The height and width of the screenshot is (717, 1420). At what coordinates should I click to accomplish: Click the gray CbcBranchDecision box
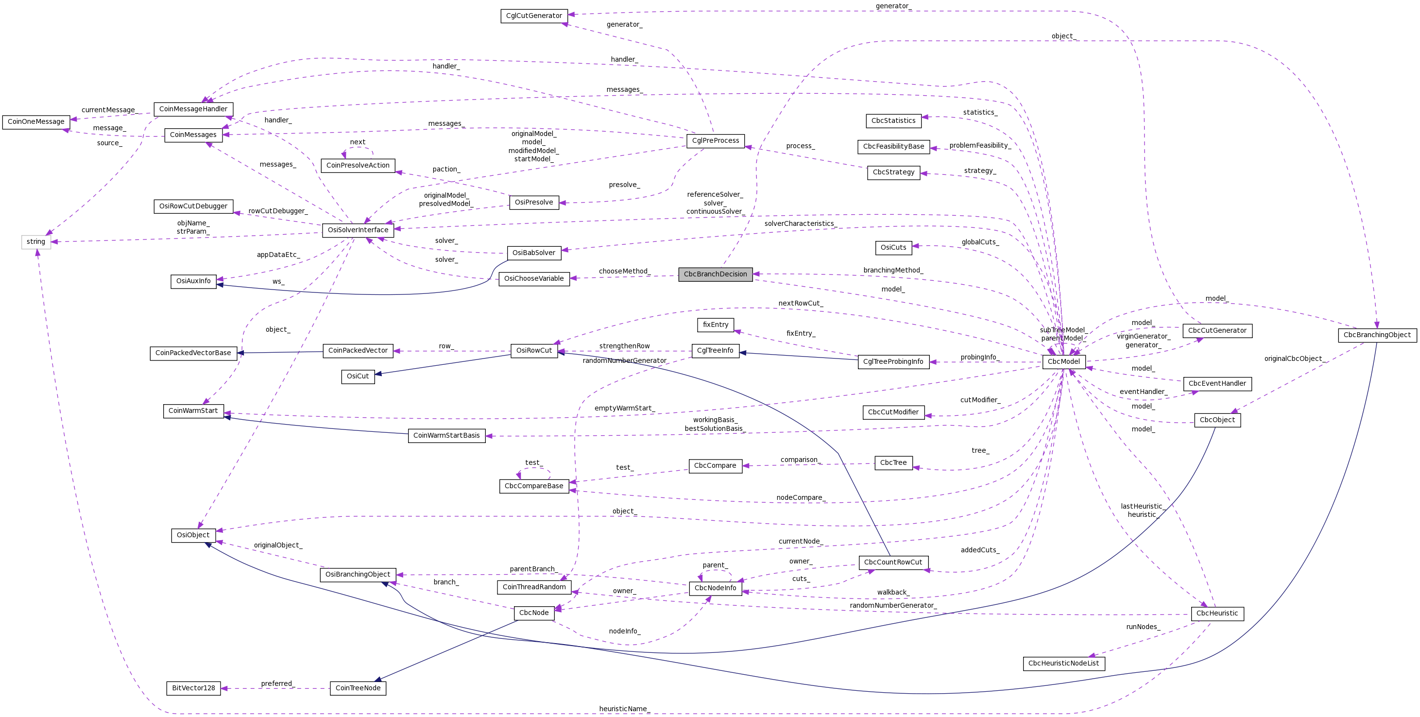point(715,274)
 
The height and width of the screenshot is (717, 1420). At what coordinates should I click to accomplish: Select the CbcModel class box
point(1063,361)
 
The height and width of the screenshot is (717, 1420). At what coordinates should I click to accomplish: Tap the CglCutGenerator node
point(533,16)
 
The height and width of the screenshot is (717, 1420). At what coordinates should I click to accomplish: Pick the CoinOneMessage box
point(36,122)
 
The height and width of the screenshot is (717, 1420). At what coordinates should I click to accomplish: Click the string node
point(36,242)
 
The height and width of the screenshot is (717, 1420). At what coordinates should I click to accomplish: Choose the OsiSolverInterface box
point(358,230)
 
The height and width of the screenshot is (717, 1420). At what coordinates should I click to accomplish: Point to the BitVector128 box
point(193,688)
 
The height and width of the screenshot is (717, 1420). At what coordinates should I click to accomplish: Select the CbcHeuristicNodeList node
point(1063,664)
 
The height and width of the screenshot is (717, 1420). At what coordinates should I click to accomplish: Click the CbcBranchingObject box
point(1376,335)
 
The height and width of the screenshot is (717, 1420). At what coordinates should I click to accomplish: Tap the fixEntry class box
point(716,325)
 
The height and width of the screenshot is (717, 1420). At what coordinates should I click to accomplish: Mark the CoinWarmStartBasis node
point(446,435)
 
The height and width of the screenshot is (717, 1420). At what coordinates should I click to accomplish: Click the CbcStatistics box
point(893,120)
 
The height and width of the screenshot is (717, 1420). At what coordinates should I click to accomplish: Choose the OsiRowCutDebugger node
point(193,206)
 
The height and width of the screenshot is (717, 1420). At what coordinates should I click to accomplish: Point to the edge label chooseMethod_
point(624,271)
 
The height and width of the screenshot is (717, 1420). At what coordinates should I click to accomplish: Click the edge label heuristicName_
point(624,709)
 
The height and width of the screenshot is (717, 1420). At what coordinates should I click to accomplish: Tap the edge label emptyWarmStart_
point(624,409)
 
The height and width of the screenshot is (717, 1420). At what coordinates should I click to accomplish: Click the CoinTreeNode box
point(358,688)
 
